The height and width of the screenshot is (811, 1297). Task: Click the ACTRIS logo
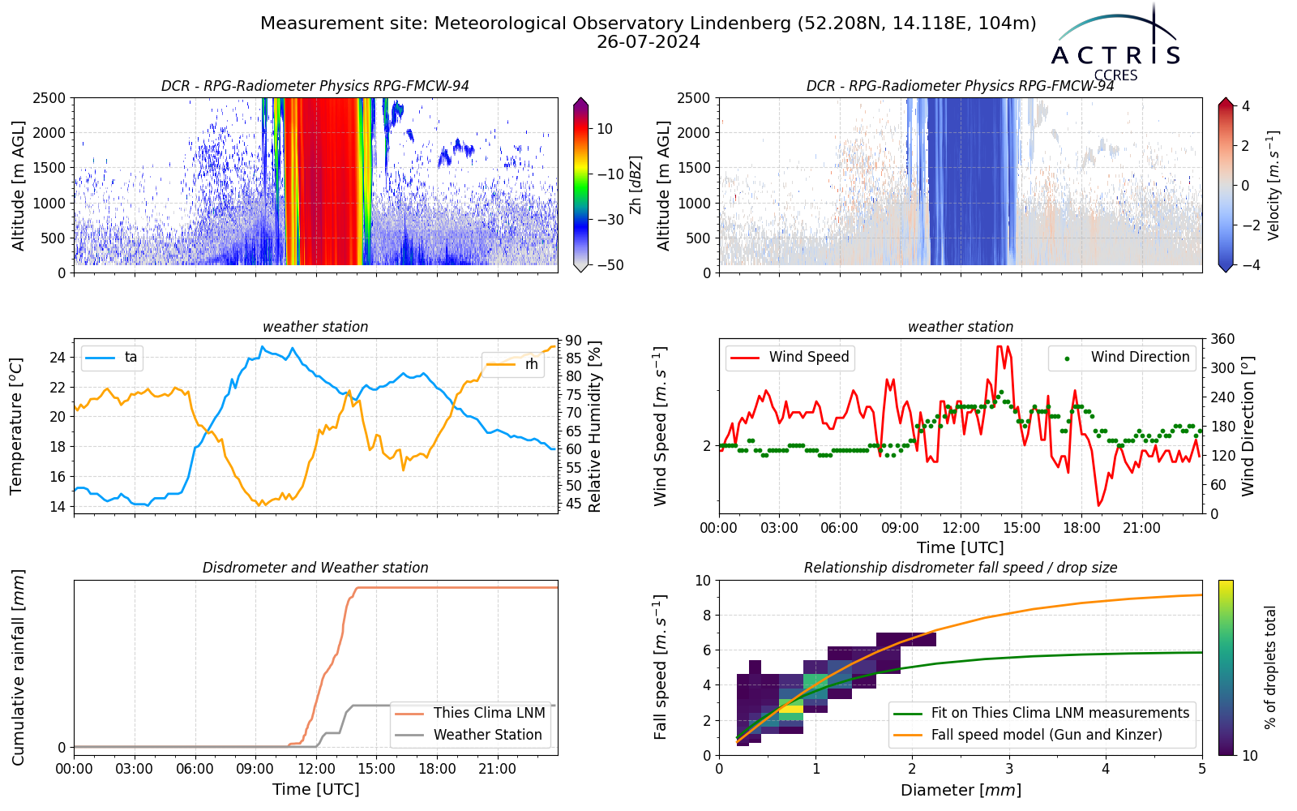pos(1115,44)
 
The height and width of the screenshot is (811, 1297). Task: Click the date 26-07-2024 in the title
pos(648,42)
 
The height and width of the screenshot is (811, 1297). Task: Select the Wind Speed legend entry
pos(790,357)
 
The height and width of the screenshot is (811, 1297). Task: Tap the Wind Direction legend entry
pos(1122,357)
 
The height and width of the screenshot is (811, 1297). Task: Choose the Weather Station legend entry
pos(469,735)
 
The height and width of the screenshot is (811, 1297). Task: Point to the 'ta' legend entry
pos(111,358)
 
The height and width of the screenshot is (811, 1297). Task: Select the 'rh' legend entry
pos(512,364)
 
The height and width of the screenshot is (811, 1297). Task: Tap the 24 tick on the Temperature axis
pos(58,358)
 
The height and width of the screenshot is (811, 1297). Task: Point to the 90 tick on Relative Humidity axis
pos(573,340)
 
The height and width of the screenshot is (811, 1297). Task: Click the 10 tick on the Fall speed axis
pos(703,581)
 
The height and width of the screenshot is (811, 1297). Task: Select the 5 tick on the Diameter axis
pos(1202,769)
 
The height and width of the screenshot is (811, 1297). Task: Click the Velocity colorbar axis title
pos(1273,186)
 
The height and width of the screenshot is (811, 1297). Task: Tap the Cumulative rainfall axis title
pos(18,667)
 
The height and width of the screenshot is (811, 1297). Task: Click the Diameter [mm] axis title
pos(961,790)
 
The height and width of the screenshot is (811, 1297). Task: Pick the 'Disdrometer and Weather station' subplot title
pos(315,568)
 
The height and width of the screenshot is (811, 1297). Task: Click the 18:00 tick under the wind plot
pos(1081,528)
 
